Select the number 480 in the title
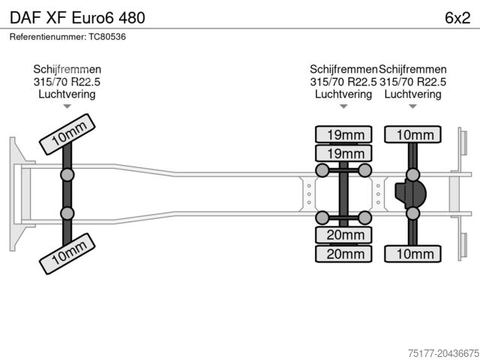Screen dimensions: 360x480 coord(129,16)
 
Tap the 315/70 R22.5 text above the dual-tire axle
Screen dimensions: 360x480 coord(343,82)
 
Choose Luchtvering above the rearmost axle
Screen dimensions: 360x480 coord(412,94)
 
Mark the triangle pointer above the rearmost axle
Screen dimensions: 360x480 coord(413,106)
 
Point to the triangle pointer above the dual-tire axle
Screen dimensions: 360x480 coord(343,106)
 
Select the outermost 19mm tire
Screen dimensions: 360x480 coord(343,135)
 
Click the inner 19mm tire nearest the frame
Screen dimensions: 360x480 coord(343,154)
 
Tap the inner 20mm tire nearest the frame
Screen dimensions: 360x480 coord(343,235)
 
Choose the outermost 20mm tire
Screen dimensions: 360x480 coord(343,254)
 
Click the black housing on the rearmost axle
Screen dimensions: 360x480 coord(410,193)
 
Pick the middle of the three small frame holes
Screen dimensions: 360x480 coord(309,194)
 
